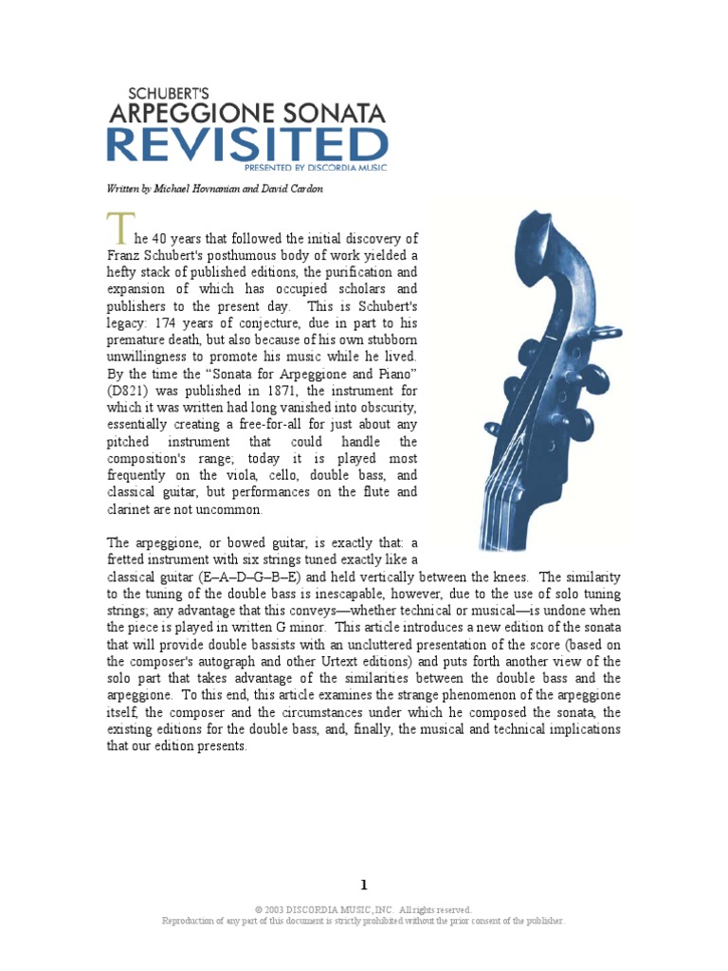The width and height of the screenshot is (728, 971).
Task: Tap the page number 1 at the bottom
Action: pos(364,886)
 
